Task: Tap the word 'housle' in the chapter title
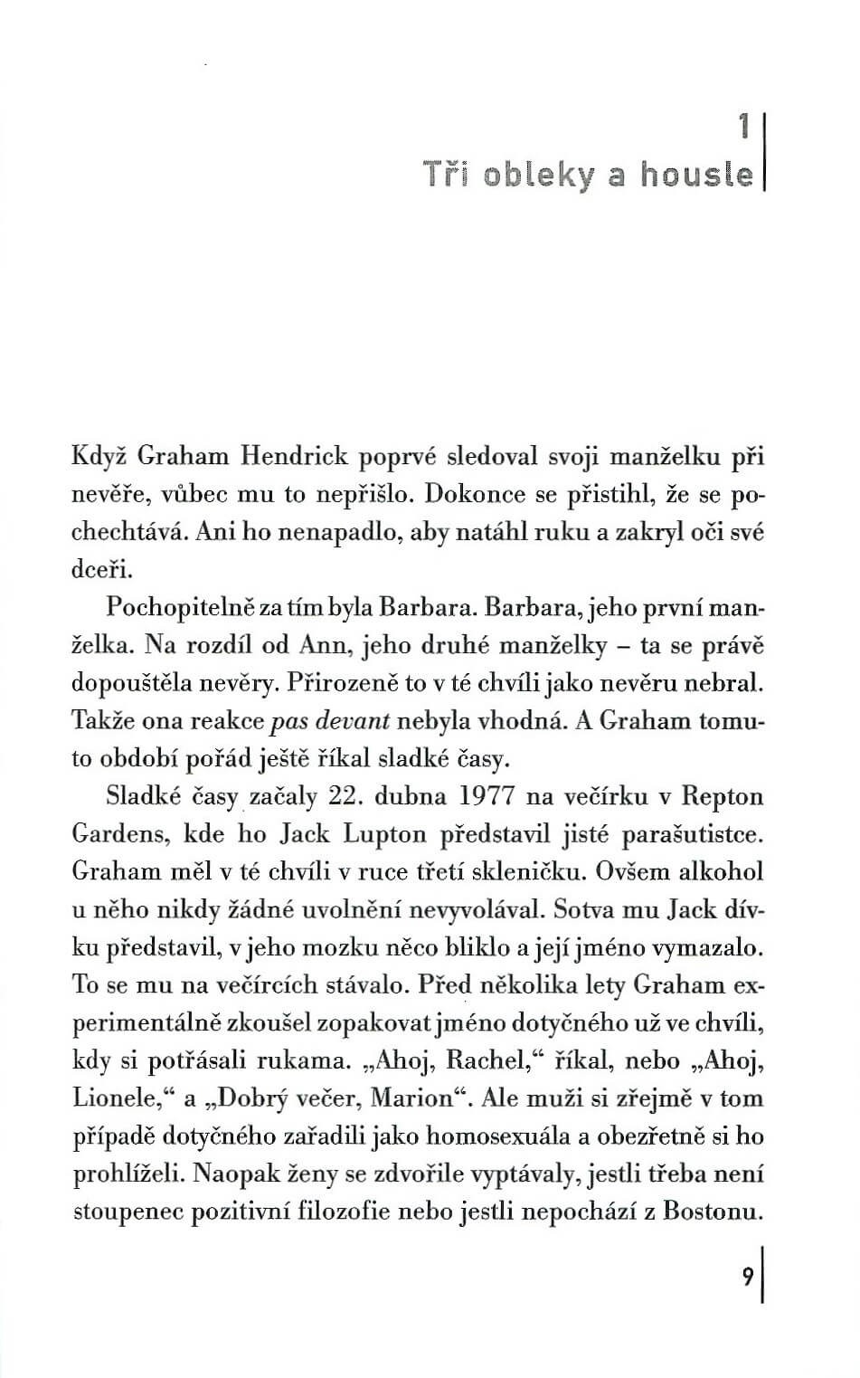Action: coord(697,173)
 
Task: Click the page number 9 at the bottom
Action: coord(748,1276)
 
